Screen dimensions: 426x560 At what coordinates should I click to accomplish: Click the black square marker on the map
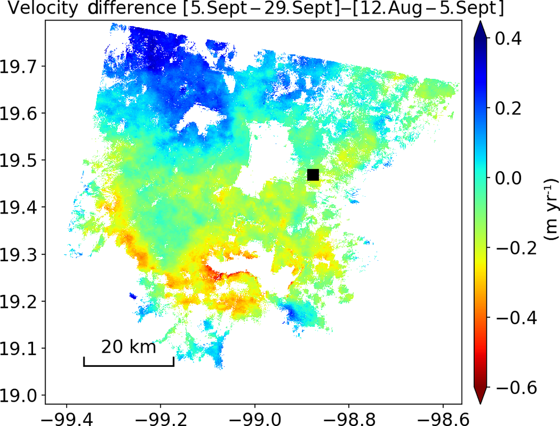click(313, 175)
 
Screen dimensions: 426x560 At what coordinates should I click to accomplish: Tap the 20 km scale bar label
click(129, 346)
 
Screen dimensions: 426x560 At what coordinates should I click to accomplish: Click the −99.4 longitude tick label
click(66, 417)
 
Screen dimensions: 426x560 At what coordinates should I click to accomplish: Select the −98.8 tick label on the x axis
click(348, 417)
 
